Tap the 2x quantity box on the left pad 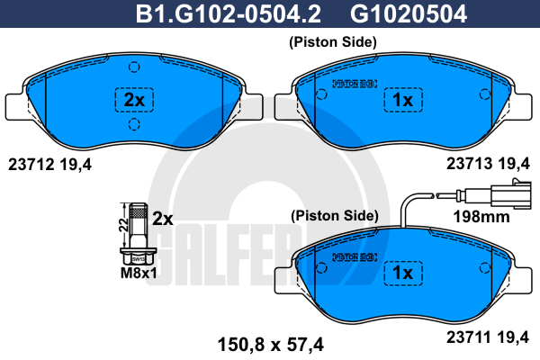click(132, 101)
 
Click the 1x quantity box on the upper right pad click(401, 101)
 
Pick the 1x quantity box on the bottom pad click(401, 272)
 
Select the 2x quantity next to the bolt click(162, 218)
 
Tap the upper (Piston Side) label click(332, 42)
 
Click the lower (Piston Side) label click(332, 216)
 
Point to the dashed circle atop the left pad click(133, 66)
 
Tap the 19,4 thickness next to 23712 click(76, 164)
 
